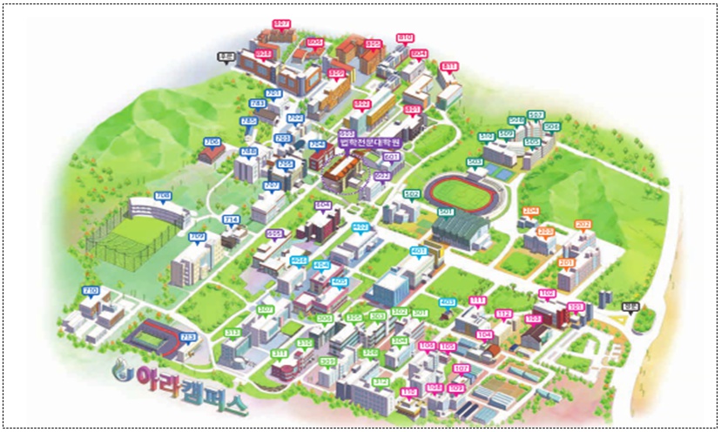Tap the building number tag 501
point(445,212)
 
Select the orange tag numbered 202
point(583,225)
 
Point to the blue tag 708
point(163,195)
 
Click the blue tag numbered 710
point(90,290)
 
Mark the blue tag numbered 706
point(211,141)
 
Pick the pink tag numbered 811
point(449,66)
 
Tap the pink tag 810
point(405,38)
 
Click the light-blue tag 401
point(419,251)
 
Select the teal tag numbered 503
point(475,161)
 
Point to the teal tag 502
point(412,193)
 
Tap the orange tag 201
point(567,262)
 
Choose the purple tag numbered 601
point(391,157)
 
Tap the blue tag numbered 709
point(197,236)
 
